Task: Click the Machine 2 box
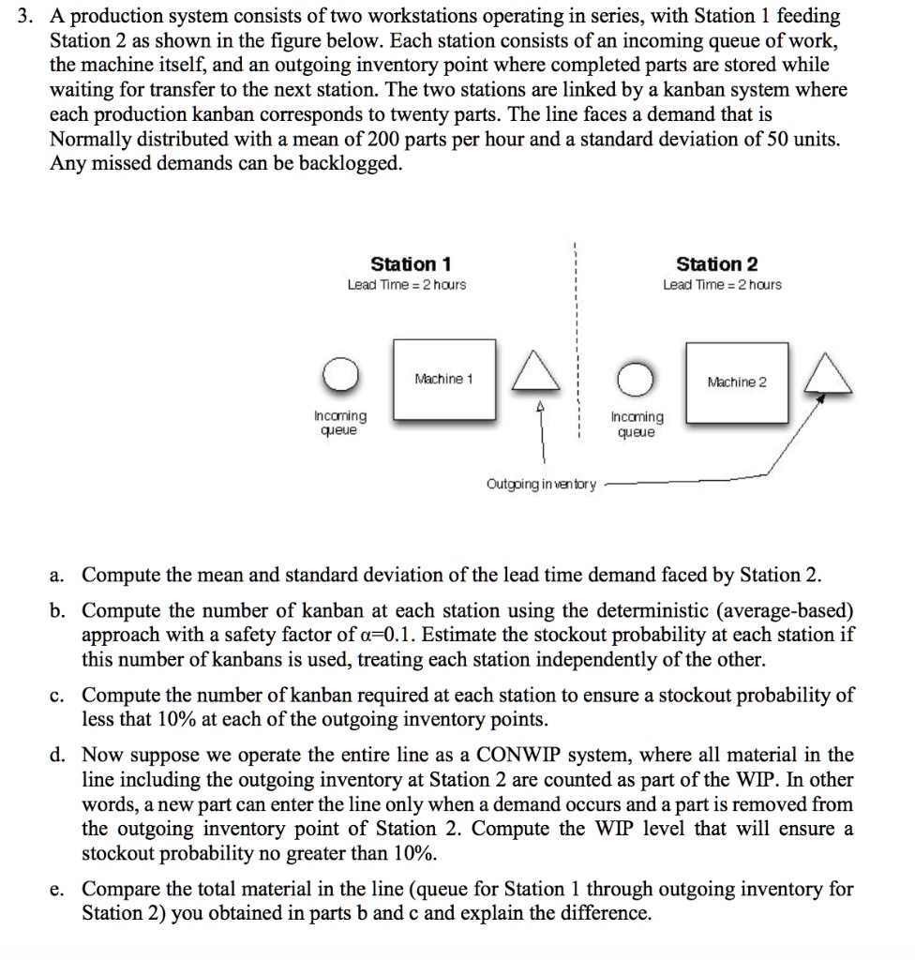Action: [x=737, y=382]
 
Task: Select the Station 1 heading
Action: [x=411, y=264]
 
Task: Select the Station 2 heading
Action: [x=717, y=264]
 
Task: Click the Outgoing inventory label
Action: [x=541, y=485]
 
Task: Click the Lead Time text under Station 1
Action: [x=406, y=285]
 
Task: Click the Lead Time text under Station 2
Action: [x=722, y=285]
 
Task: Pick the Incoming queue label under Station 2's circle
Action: [x=637, y=425]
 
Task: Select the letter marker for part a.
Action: [x=58, y=575]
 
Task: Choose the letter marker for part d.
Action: [x=58, y=755]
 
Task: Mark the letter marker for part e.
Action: [x=58, y=889]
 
